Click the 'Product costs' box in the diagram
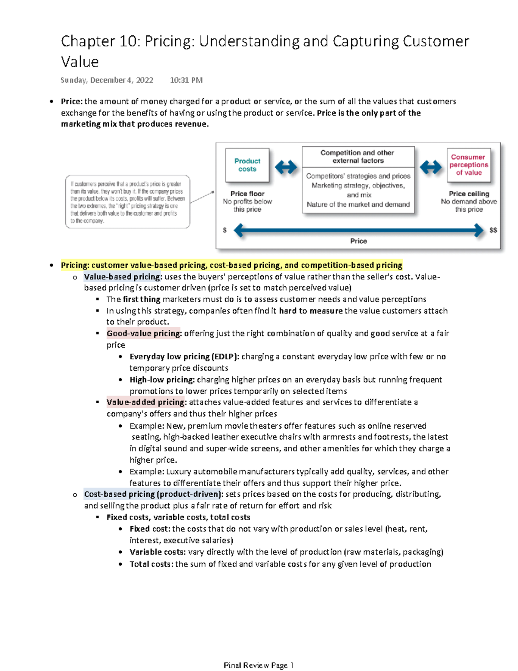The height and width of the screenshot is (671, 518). point(247,165)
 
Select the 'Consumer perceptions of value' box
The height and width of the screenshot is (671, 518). point(468,165)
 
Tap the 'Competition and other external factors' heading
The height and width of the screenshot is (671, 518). point(357,157)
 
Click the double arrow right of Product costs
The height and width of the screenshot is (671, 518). point(286,167)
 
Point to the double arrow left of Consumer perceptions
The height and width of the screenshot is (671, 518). point(430,167)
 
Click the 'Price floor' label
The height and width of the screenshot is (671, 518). point(247,194)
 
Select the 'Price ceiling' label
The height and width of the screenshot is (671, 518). point(469,194)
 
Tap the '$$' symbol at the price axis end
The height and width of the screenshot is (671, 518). point(493,230)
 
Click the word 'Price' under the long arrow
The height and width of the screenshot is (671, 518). point(358,241)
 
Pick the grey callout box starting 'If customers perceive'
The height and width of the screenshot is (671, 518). point(128,202)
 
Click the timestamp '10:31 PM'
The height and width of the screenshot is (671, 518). point(186,80)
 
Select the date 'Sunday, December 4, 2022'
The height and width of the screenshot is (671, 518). point(107,80)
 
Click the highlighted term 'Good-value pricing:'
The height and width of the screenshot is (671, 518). point(144,333)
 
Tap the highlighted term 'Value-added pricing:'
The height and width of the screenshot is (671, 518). point(146,402)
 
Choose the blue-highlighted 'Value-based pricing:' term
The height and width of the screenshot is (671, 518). point(123,277)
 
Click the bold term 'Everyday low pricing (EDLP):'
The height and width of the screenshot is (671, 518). point(184,357)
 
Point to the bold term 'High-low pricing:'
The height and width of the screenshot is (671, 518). point(162,379)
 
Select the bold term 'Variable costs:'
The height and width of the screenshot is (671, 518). point(158,552)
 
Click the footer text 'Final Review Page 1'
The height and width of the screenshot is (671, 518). point(259,665)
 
